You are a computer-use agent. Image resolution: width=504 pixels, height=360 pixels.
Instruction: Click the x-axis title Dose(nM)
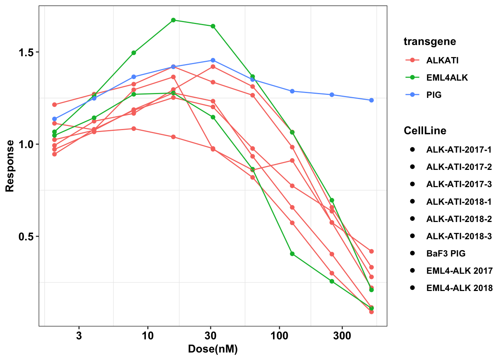[x=213, y=349]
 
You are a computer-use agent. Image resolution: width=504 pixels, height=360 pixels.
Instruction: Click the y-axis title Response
[x=10, y=166]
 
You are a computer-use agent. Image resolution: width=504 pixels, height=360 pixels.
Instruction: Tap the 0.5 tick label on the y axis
[x=26, y=237]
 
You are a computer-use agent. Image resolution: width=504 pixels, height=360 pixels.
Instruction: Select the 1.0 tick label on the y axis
[x=26, y=144]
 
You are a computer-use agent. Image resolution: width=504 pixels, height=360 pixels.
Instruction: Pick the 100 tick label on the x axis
[x=279, y=335]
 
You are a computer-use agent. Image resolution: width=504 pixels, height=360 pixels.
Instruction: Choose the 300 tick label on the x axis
[x=342, y=335]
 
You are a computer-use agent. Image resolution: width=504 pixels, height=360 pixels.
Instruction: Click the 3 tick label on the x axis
[x=79, y=335]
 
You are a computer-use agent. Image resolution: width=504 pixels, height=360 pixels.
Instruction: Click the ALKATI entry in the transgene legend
[x=442, y=60]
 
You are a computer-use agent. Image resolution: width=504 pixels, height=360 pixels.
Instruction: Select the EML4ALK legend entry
[x=447, y=78]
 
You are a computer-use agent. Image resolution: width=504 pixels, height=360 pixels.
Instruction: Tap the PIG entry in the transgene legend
[x=434, y=95]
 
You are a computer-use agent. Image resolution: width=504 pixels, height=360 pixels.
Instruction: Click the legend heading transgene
[x=430, y=41]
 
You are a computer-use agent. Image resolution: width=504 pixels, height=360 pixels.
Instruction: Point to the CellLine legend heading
[x=425, y=130]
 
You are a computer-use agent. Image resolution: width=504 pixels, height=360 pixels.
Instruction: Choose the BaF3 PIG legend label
[x=445, y=253]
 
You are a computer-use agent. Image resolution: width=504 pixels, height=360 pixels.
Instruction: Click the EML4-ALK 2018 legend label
[x=459, y=288]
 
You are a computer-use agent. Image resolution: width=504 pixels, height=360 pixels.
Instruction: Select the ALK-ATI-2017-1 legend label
[x=459, y=150]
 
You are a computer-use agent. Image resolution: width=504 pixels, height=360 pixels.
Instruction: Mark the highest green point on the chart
[x=173, y=20]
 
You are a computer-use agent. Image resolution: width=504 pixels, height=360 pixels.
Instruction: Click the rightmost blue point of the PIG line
[x=371, y=100]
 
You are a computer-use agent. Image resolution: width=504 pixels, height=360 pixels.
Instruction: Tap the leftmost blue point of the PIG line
[x=54, y=119]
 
